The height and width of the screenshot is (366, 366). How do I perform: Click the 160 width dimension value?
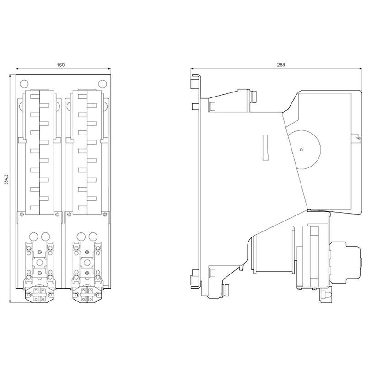tap(60, 65)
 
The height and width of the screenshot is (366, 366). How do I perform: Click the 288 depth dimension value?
tap(281, 65)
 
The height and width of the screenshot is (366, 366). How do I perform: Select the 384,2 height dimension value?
tap(7, 179)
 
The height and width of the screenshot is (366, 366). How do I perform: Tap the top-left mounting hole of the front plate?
tap(24, 84)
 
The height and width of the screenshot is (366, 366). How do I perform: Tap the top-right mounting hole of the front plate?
tap(102, 84)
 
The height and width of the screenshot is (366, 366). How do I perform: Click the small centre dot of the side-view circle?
tap(301, 150)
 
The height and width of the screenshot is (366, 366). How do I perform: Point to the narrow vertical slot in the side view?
tap(266, 147)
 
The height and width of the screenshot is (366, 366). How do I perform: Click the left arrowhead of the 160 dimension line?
tap(17, 69)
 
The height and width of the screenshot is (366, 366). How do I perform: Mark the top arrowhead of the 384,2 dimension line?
tap(10, 76)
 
